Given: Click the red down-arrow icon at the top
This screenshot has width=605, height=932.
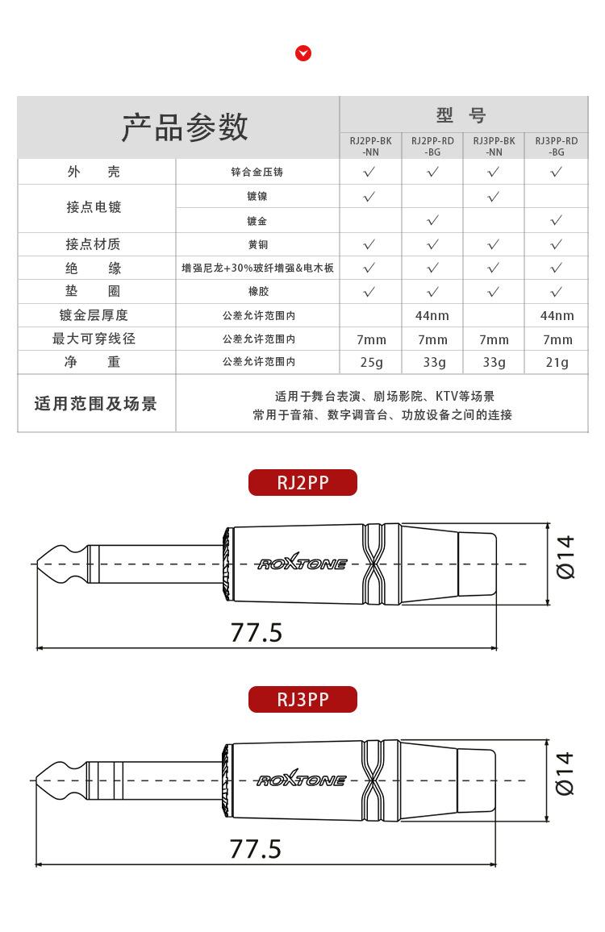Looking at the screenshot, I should point(303,53).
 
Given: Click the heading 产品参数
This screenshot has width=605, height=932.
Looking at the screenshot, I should point(185,127).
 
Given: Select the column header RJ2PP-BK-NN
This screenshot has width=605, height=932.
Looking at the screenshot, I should point(370,146).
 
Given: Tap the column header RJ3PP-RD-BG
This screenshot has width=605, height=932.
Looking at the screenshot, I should point(556,146).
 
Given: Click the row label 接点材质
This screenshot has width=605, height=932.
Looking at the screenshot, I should point(94,244).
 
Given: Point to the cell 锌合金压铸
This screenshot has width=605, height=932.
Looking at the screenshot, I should point(257,173).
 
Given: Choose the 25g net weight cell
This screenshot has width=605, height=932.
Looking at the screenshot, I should point(371,363).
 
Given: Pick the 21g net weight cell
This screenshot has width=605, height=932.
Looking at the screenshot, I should point(557,363).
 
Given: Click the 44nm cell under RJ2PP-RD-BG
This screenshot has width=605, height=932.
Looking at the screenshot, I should point(432,315).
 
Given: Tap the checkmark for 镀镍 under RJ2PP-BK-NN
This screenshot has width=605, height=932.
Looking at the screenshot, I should point(369,197).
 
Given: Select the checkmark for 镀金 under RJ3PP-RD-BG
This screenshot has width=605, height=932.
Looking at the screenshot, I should point(556,220).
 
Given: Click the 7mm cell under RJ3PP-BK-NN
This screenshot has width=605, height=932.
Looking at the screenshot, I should point(494,339).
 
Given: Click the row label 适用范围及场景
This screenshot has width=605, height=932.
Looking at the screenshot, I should point(95,404).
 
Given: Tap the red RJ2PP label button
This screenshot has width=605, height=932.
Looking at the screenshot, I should point(302,482).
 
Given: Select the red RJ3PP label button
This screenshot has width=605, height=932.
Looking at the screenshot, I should point(302,699).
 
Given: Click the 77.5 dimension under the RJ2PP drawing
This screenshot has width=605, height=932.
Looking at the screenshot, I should point(257,633).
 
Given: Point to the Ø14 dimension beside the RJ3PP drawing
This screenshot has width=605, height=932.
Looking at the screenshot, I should point(565,773).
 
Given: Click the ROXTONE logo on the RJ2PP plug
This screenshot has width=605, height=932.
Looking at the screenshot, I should point(302,564).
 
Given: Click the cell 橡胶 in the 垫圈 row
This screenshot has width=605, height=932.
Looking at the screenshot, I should point(257,292).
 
